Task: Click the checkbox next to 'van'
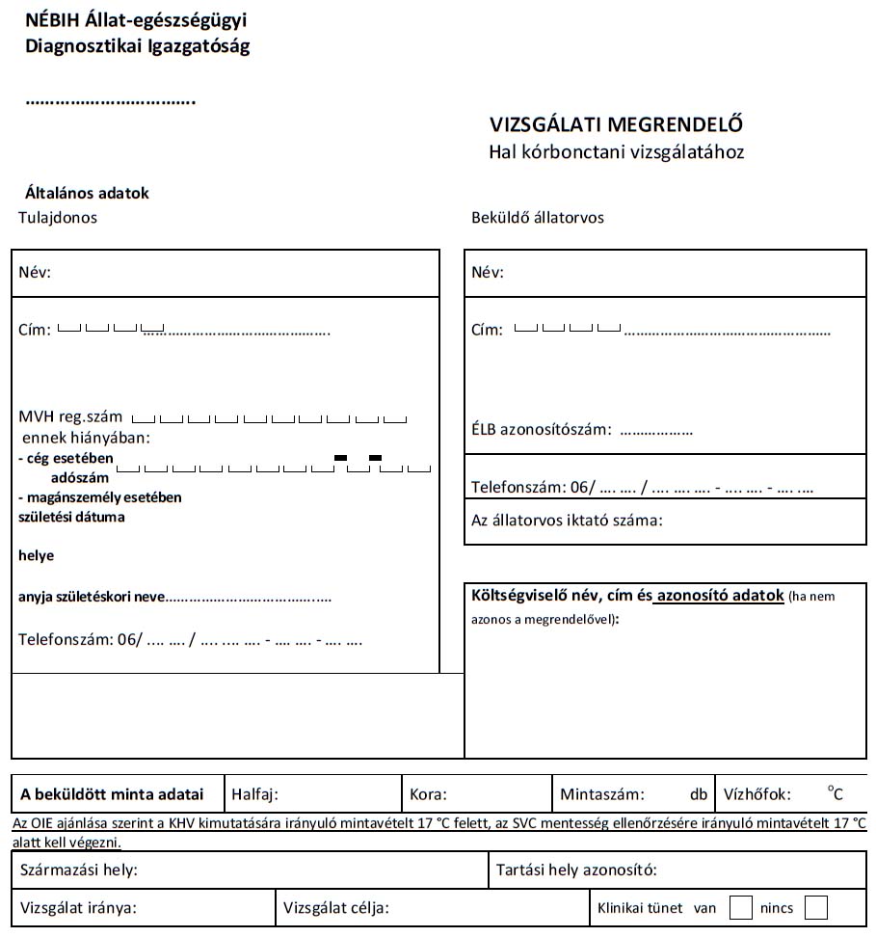click(741, 908)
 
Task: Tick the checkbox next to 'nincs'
click(815, 908)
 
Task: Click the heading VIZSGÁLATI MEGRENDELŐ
click(616, 125)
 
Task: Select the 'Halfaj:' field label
click(255, 795)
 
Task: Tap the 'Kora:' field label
click(428, 795)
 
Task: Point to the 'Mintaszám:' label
click(601, 795)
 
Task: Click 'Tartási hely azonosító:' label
click(576, 870)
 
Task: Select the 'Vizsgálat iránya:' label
click(78, 908)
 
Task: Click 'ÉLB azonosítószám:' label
click(541, 430)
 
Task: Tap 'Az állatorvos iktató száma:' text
click(567, 521)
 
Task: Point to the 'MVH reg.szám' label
click(70, 417)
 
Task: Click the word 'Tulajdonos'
click(58, 218)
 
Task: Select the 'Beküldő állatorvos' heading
click(537, 218)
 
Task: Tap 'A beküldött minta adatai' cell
click(112, 795)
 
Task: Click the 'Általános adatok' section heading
click(87, 194)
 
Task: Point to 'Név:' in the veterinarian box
click(488, 273)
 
